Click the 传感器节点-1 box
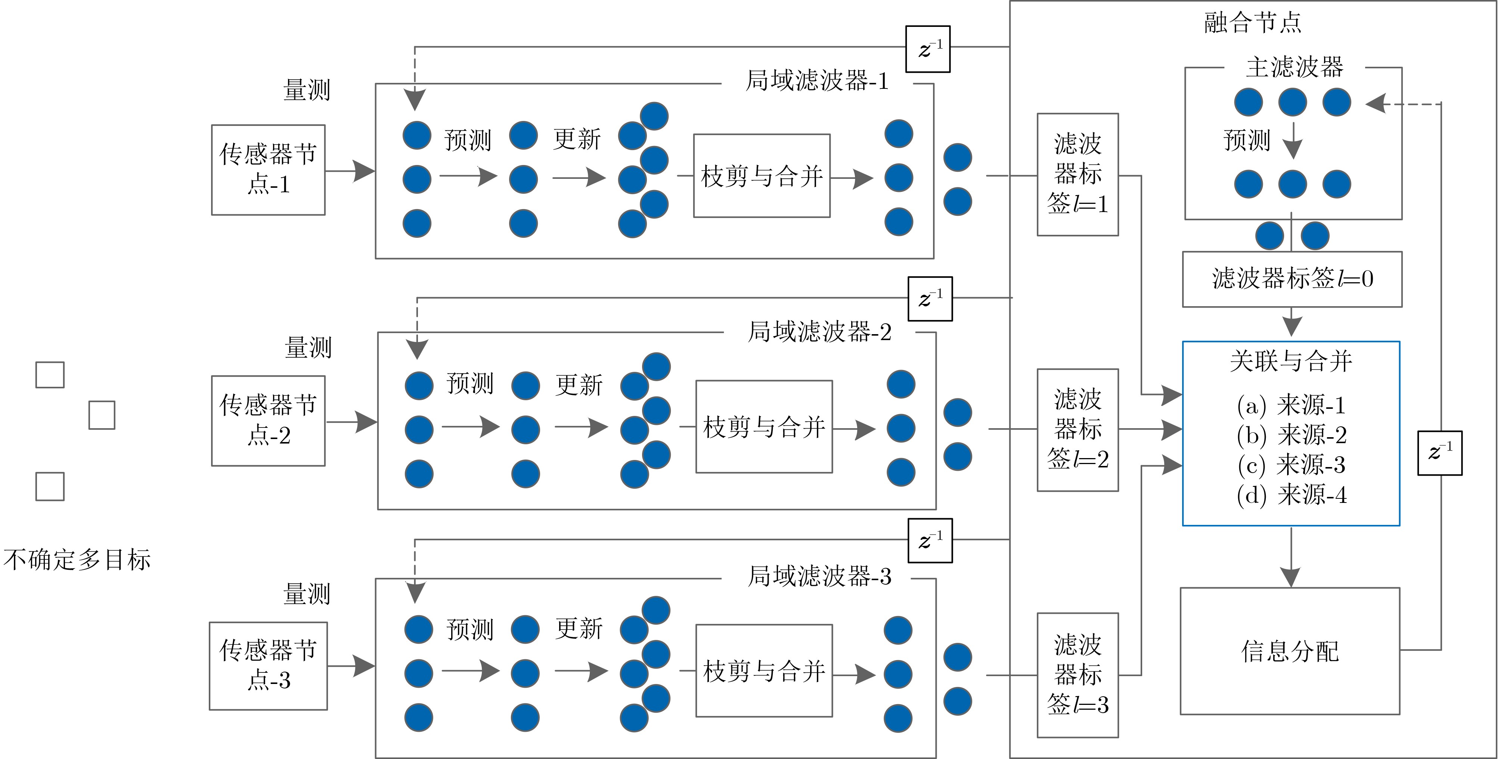pyautogui.click(x=268, y=169)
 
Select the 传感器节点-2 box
pyautogui.click(x=268, y=420)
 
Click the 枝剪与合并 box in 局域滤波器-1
pyautogui.click(x=761, y=176)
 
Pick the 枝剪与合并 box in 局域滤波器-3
pyautogui.click(x=763, y=671)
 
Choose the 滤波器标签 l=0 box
pyautogui.click(x=1292, y=279)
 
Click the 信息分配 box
pyautogui.click(x=1289, y=651)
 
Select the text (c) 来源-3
pyautogui.click(x=1291, y=464)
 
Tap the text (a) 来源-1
pyautogui.click(x=1291, y=405)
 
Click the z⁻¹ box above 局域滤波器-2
pyautogui.click(x=930, y=299)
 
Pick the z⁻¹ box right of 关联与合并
pyautogui.click(x=1439, y=453)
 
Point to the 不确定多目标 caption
pyautogui.click(x=77, y=559)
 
